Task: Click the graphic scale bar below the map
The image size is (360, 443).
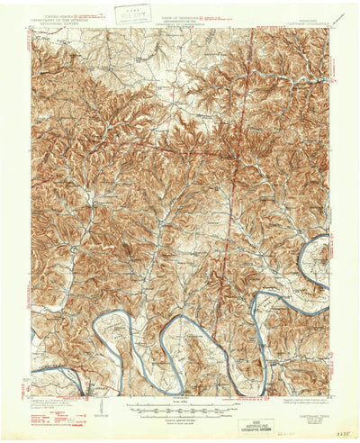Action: click(x=180, y=406)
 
